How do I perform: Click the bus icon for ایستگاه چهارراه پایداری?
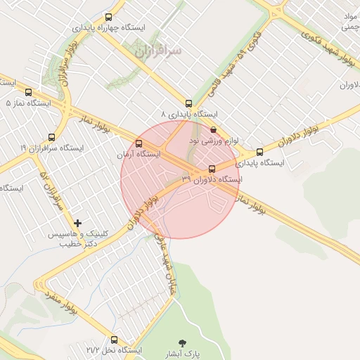pyautogui.click(x=108, y=17)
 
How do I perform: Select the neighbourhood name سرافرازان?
pyautogui.click(x=156, y=51)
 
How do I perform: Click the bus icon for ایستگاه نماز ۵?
pyautogui.click(x=28, y=92)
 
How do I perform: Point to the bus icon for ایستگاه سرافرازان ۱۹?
pyautogui.click(x=51, y=137)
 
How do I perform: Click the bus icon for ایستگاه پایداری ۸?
pyautogui.click(x=188, y=103)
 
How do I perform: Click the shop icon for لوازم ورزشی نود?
pyautogui.click(x=214, y=130)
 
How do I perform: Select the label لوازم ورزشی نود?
pyautogui.click(x=214, y=141)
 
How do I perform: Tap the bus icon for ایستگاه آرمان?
pyautogui.click(x=138, y=143)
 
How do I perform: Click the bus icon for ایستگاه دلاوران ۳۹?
pyautogui.click(x=212, y=169)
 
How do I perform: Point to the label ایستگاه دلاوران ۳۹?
pyautogui.click(x=212, y=179)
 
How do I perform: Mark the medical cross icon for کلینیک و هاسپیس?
pyautogui.click(x=78, y=223)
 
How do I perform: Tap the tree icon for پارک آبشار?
pyautogui.click(x=184, y=342)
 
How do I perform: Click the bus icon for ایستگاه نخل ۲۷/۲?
pyautogui.click(x=114, y=339)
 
